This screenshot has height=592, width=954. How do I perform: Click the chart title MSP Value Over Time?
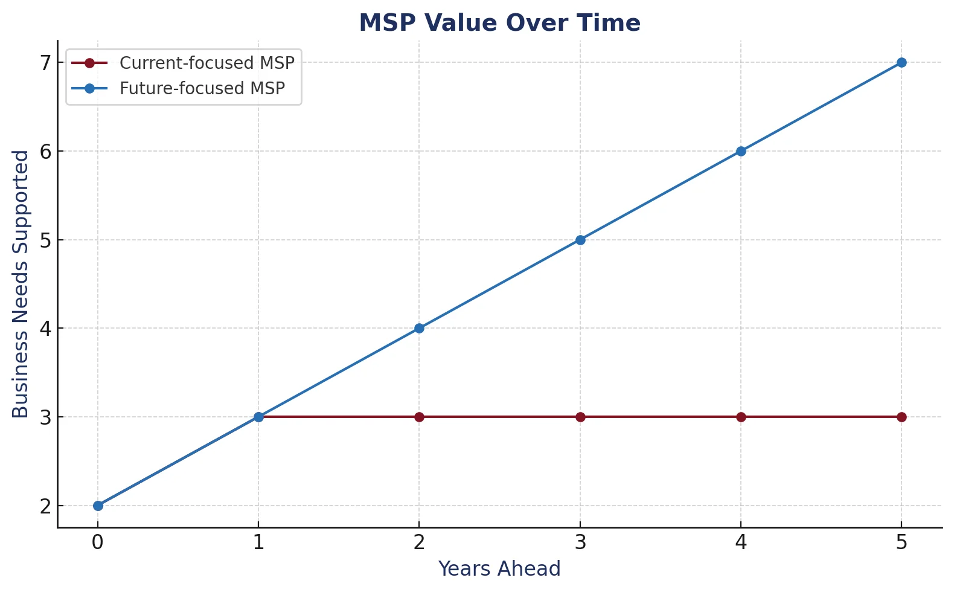pyautogui.click(x=499, y=24)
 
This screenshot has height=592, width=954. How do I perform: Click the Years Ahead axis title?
pyautogui.click(x=499, y=569)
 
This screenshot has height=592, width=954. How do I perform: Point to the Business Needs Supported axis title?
pyautogui.click(x=21, y=284)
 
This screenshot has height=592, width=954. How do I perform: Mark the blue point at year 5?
pyautogui.click(x=901, y=62)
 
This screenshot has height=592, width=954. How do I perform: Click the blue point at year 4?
pyautogui.click(x=741, y=151)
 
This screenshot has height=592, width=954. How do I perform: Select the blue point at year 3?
pyautogui.click(x=580, y=240)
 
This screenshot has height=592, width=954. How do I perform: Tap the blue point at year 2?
pyautogui.click(x=419, y=329)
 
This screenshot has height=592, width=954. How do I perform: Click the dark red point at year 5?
pyautogui.click(x=901, y=417)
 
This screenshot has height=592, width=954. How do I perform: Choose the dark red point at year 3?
pyautogui.click(x=580, y=417)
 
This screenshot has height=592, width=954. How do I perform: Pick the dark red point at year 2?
pyautogui.click(x=419, y=417)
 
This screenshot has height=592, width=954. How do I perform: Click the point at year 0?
pyautogui.click(x=98, y=506)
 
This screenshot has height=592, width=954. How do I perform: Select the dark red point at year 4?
pyautogui.click(x=741, y=417)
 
